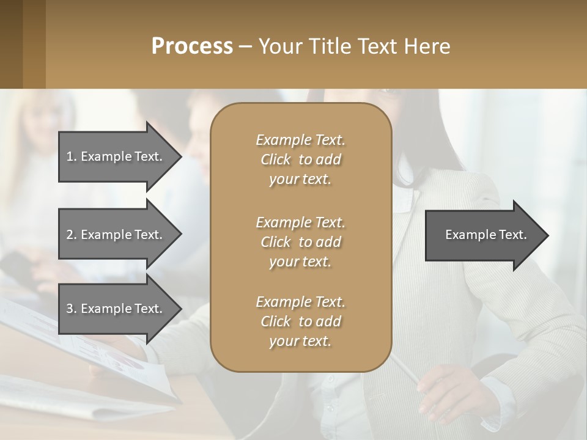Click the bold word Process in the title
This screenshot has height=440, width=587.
[192, 46]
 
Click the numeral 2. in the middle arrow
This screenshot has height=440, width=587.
[72, 235]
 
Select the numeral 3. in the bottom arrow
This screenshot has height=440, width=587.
[72, 309]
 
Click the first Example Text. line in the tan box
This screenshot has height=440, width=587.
[300, 140]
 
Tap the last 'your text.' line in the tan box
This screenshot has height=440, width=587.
[300, 341]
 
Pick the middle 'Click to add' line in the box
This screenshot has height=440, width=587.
[300, 242]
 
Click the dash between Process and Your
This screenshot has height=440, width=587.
[245, 46]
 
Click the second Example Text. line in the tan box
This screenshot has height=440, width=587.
[300, 222]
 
